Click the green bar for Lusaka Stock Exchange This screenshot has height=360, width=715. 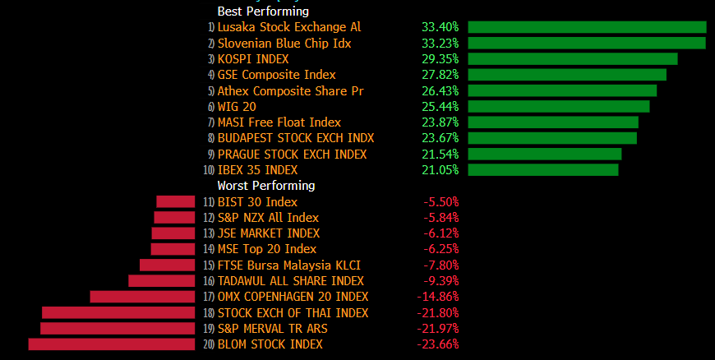[587, 27]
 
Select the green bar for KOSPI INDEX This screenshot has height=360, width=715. [572, 59]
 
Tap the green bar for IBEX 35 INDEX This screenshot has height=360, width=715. [542, 170]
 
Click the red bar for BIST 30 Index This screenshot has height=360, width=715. [175, 201]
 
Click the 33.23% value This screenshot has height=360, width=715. [440, 44]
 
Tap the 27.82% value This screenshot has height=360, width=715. [440, 75]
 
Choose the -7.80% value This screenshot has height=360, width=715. [441, 265]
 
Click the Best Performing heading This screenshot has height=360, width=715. [262, 12]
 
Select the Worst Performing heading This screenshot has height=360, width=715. [265, 186]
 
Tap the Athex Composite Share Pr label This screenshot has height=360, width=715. [290, 91]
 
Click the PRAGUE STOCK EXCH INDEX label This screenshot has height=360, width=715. [292, 155]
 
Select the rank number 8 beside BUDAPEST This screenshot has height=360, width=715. [210, 139]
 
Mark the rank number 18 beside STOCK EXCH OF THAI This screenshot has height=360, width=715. [209, 313]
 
